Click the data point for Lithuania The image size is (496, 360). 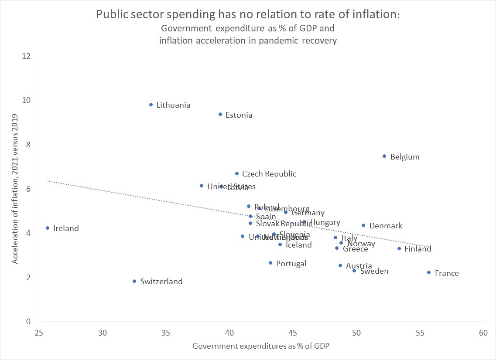(x=151, y=105)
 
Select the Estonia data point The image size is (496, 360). (x=220, y=114)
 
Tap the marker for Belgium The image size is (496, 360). (x=384, y=156)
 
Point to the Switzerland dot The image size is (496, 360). (x=134, y=281)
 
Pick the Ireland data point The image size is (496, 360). (x=48, y=228)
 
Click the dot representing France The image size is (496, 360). (x=429, y=272)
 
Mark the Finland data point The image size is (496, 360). (x=399, y=248)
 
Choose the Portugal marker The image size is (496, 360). (x=270, y=263)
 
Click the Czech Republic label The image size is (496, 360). (x=269, y=174)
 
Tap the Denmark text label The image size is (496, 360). (x=386, y=226)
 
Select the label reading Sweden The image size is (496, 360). (x=374, y=271)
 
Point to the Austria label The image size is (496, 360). (x=359, y=266)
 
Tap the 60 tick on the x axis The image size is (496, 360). (x=482, y=333)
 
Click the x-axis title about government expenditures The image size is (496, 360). (x=260, y=346)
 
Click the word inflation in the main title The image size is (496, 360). (x=374, y=14)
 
